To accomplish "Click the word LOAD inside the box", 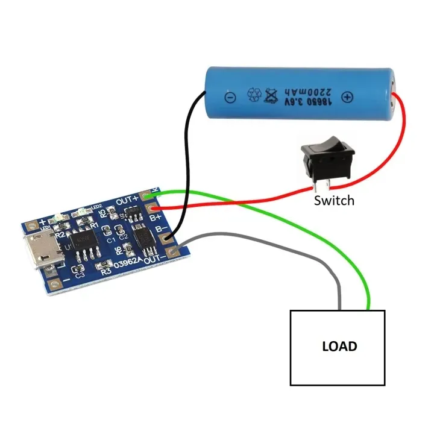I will coord(339,347).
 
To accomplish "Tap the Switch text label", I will coord(334,200).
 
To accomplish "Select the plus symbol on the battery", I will coord(347,97).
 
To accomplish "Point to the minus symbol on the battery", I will coord(229,96).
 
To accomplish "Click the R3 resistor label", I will coord(107,271).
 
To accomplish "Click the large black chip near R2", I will coord(84,245).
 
